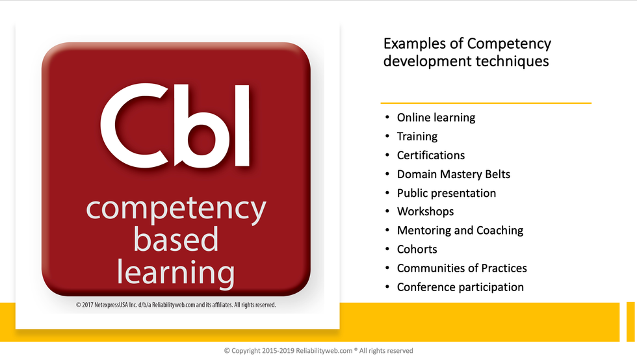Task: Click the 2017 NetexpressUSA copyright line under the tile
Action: tap(175, 305)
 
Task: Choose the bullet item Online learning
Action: tap(436, 118)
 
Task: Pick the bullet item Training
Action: tap(417, 136)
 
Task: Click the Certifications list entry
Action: tap(431, 155)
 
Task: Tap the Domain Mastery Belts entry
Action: tap(454, 174)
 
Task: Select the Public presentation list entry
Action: tap(447, 193)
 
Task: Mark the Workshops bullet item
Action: tap(425, 212)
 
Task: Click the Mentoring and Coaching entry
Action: tap(460, 231)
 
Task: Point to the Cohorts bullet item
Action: tap(417, 250)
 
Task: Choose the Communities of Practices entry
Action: tap(462, 268)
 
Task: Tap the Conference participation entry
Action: tap(460, 287)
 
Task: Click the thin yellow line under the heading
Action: tap(486, 103)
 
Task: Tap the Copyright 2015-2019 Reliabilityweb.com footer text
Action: tap(318, 351)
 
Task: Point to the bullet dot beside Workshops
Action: tap(387, 212)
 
